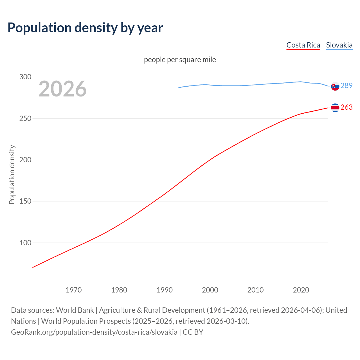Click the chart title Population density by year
tap(85, 28)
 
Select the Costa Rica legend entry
tap(303, 45)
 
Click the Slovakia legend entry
tap(339, 45)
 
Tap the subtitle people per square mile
tap(180, 60)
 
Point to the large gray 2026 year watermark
tap(62, 89)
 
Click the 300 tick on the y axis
tap(25, 77)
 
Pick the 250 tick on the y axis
tap(25, 118)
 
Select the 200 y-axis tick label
tap(25, 160)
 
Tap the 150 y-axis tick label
tap(25, 201)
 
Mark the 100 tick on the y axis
tap(25, 243)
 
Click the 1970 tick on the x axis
tap(74, 290)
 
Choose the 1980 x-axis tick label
tap(119, 290)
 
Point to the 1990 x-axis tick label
tap(165, 290)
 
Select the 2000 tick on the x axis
tap(210, 290)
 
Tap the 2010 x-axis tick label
tap(256, 290)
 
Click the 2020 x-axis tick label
tap(301, 290)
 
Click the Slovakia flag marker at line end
tap(335, 86)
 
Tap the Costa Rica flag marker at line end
tap(335, 108)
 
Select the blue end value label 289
tap(346, 85)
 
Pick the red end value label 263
tap(346, 107)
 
